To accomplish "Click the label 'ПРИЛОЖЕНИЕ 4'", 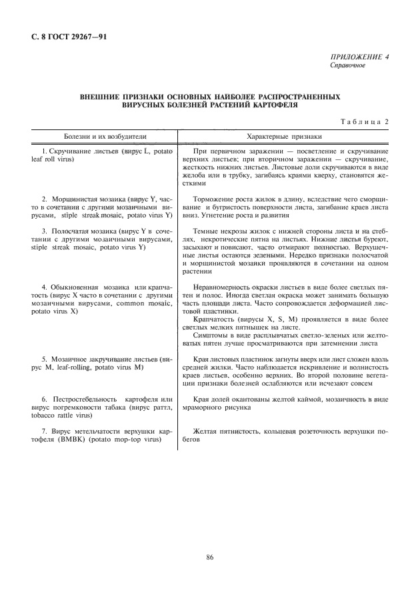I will (x=361, y=58).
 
